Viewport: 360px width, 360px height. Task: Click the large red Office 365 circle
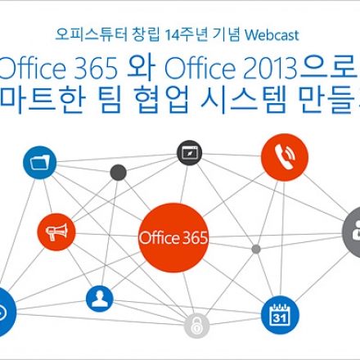(x=174, y=238)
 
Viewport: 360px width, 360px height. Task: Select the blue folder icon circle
(x=38, y=163)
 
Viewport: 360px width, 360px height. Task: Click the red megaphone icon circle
(x=56, y=232)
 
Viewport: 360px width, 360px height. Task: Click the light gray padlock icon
(x=196, y=325)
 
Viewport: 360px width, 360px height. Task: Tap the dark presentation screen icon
(x=189, y=152)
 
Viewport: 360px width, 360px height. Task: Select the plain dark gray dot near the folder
(x=118, y=172)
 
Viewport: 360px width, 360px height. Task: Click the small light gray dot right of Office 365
(x=256, y=249)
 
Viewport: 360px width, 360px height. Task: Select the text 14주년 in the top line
(x=182, y=35)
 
